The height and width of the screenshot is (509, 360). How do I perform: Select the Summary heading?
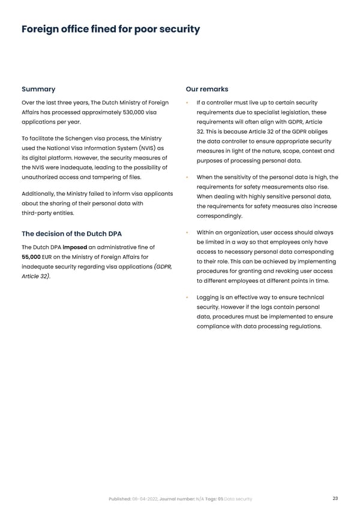(38, 89)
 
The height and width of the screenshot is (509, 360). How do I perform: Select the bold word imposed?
(75, 247)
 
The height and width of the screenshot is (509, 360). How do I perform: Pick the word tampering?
(111, 177)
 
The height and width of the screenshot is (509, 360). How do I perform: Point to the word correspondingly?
(220, 216)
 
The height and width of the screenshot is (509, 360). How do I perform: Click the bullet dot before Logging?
(188, 298)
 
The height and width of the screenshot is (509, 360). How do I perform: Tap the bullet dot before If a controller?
(188, 103)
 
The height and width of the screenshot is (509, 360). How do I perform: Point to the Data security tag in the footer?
(238, 499)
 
